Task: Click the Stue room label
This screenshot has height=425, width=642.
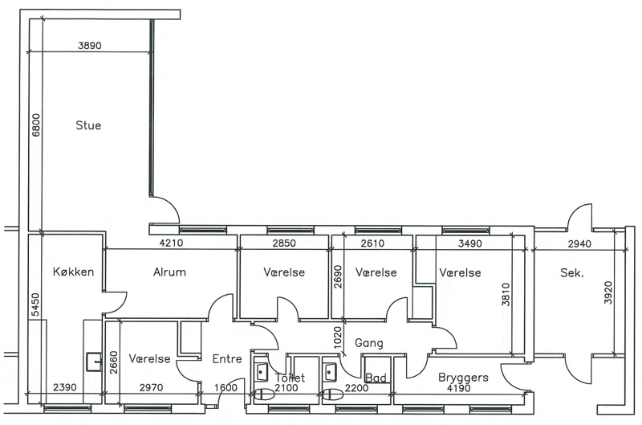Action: click(88, 125)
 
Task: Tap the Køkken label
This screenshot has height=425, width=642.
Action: click(74, 272)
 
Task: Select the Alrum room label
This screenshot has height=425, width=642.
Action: click(169, 272)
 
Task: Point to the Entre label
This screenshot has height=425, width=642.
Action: click(227, 359)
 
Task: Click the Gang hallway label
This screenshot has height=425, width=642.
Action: click(369, 343)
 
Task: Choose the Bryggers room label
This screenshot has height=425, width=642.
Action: click(463, 377)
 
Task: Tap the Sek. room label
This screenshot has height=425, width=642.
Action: click(571, 272)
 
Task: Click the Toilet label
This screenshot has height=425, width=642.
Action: click(290, 378)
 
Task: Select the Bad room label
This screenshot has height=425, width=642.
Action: click(376, 378)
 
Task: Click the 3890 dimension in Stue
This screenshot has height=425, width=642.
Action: click(90, 46)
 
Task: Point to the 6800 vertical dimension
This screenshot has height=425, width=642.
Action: click(35, 124)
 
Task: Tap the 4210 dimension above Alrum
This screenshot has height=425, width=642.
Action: click(172, 243)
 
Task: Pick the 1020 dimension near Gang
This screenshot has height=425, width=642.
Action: click(338, 337)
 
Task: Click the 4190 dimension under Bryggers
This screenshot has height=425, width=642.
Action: click(461, 388)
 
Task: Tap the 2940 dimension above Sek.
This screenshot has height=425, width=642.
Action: click(579, 243)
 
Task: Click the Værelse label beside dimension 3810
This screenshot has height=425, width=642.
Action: click(461, 272)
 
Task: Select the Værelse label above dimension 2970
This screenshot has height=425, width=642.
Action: click(149, 359)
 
